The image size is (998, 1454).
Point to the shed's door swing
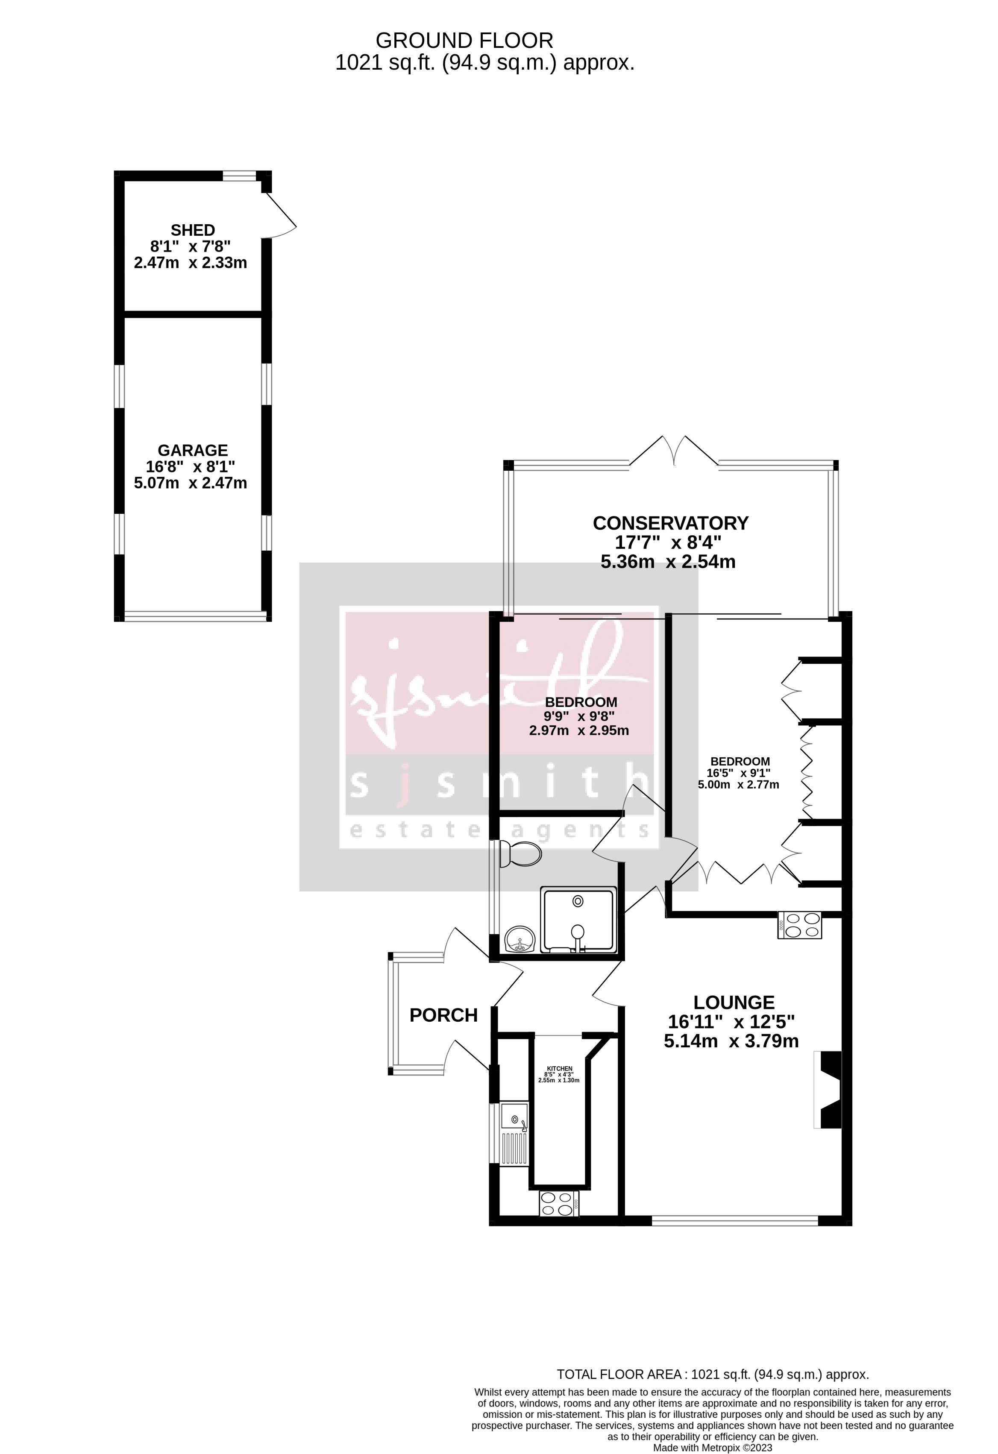280,216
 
